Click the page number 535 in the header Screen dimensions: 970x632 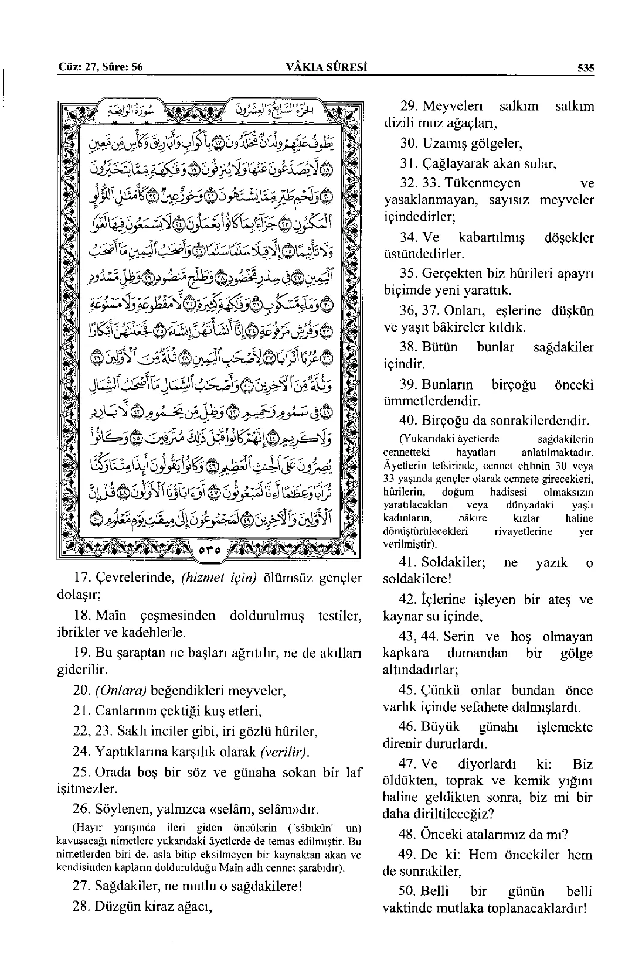585,67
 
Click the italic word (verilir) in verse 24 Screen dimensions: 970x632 286,752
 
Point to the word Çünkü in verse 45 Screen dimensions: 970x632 439,691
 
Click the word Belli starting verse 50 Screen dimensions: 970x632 435,892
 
